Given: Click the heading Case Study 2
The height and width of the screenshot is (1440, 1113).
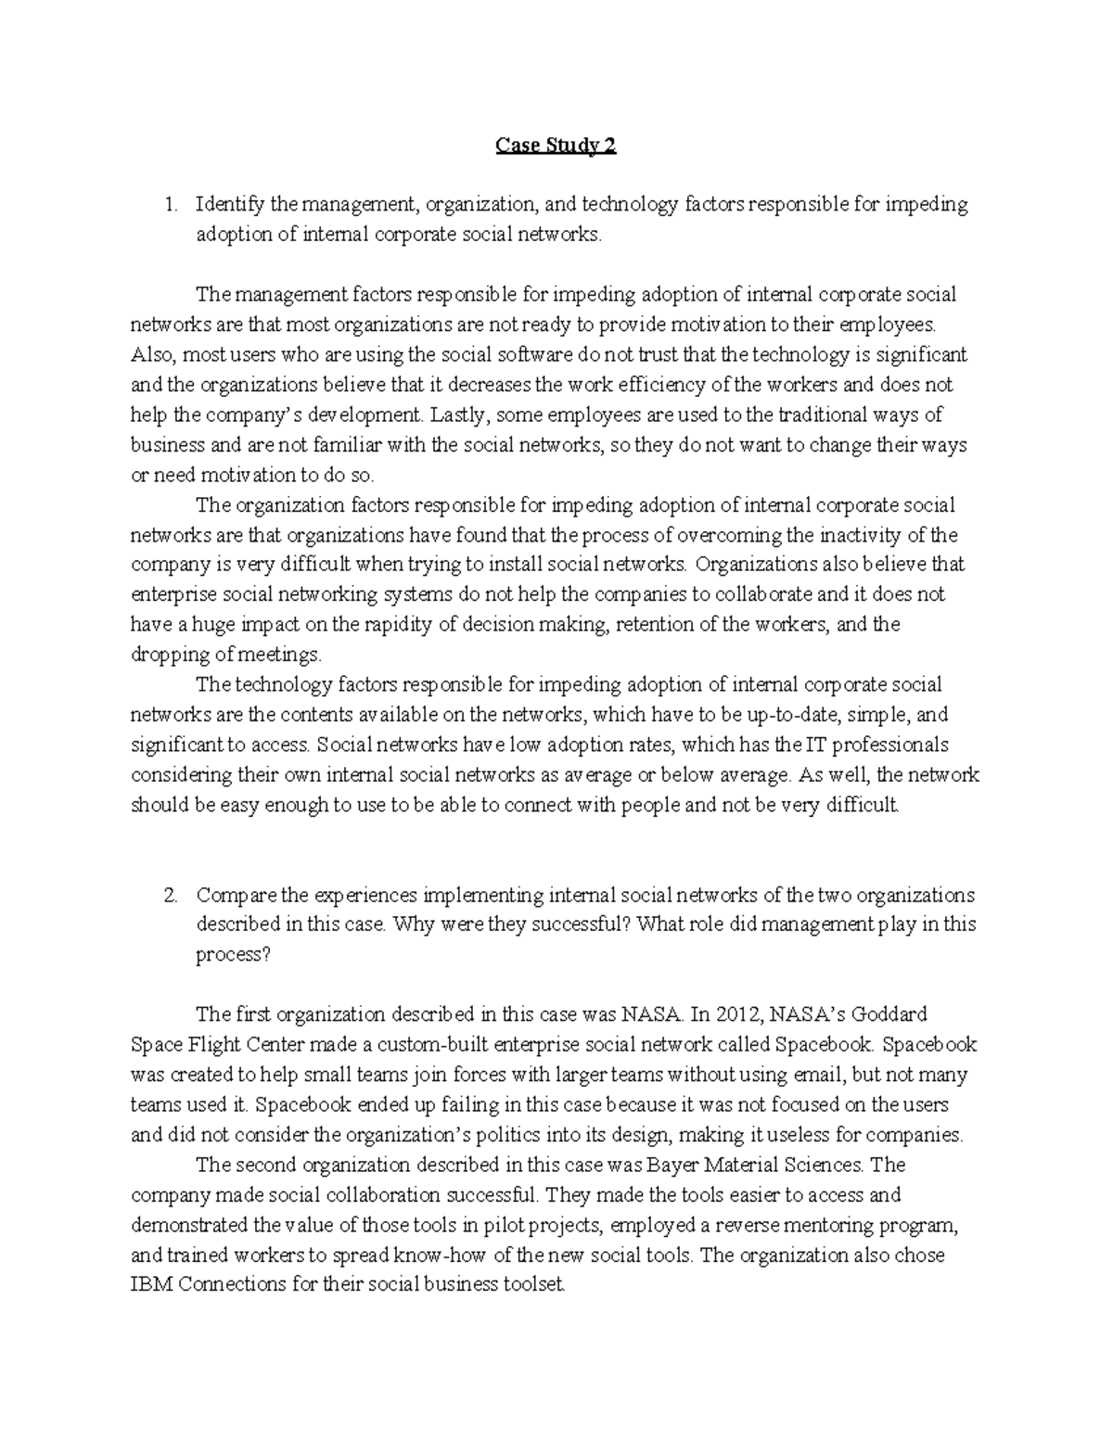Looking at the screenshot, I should point(556,146).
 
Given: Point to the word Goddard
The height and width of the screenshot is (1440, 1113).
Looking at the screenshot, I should point(890,1014).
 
